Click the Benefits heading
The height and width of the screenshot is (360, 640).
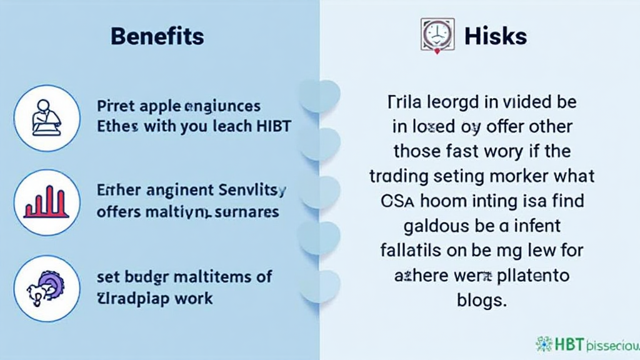pos(157,36)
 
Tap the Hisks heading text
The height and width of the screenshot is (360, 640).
pos(496,36)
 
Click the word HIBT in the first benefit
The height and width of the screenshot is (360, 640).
pos(273,126)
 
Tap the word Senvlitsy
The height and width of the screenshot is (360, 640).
pos(253,189)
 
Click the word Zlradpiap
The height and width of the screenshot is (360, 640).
pos(134,297)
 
